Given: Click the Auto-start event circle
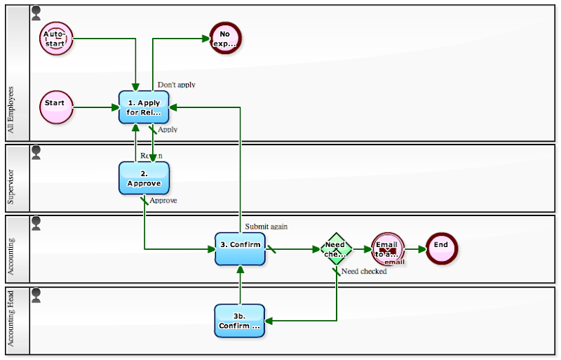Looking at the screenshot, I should click(x=56, y=38).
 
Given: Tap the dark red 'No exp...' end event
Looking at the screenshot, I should click(x=225, y=38).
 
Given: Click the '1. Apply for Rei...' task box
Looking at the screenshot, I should click(x=144, y=107).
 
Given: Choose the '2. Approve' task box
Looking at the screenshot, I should click(x=144, y=178).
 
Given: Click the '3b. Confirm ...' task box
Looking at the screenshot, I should click(x=240, y=321).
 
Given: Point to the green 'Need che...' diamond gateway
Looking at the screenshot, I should click(x=336, y=248).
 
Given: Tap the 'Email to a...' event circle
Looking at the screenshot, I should click(x=388, y=248).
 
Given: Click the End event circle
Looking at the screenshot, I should click(x=441, y=248).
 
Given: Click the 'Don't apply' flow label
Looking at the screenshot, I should click(x=176, y=85).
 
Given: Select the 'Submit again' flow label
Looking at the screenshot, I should click(x=266, y=227).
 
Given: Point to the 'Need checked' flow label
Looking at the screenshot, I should click(x=364, y=272).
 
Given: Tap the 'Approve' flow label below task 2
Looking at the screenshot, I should click(x=163, y=201).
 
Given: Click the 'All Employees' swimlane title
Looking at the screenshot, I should click(x=11, y=110).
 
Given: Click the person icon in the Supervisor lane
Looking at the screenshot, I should click(x=36, y=151).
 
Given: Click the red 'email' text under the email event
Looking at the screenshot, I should click(x=394, y=262).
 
